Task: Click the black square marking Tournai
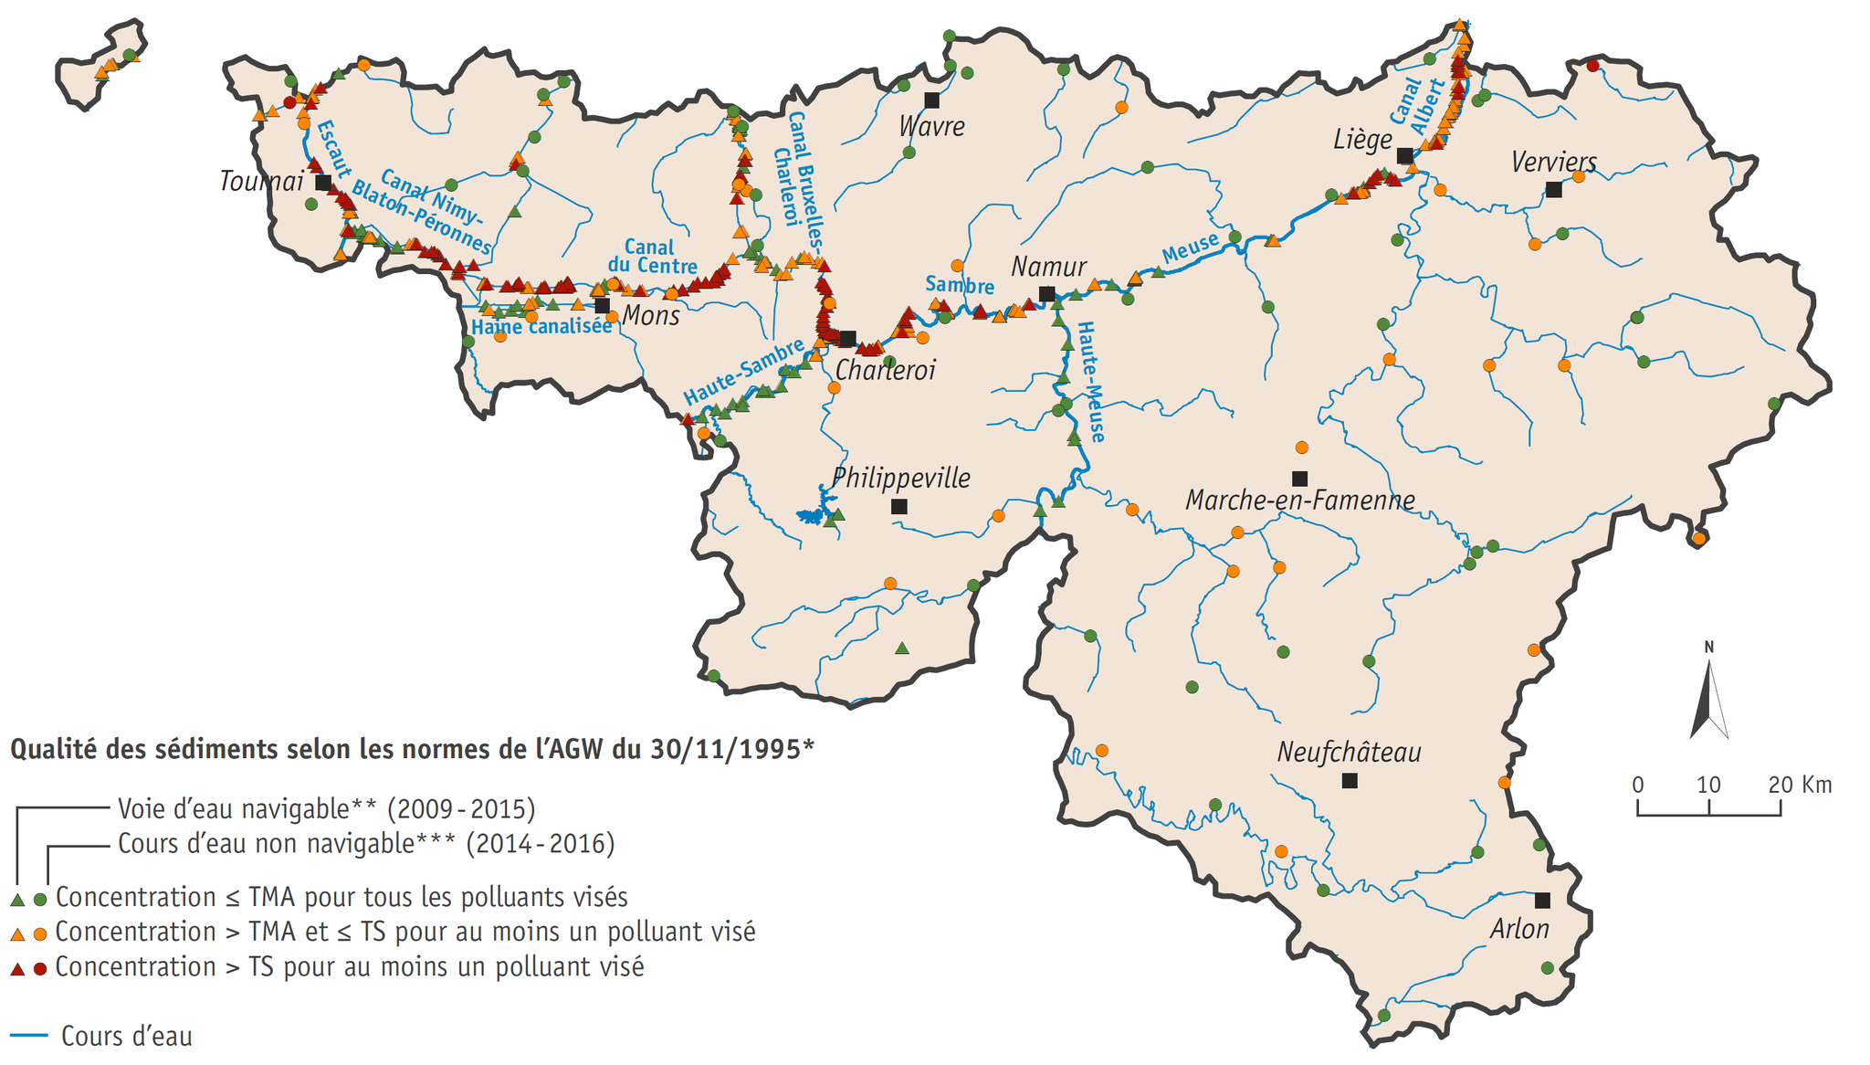point(323,183)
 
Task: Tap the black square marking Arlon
point(1542,901)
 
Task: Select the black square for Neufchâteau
point(1350,781)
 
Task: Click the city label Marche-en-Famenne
point(1299,501)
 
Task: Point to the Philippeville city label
point(900,478)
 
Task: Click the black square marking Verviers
point(1553,190)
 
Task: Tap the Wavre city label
point(931,126)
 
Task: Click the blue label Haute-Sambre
point(743,372)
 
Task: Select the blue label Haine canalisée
point(541,327)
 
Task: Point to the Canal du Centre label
point(652,257)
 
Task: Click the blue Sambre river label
point(959,285)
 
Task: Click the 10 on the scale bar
point(1708,785)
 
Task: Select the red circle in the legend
point(40,969)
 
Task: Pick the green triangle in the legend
point(16,900)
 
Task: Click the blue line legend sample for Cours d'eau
point(28,1036)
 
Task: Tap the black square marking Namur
point(1047,294)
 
